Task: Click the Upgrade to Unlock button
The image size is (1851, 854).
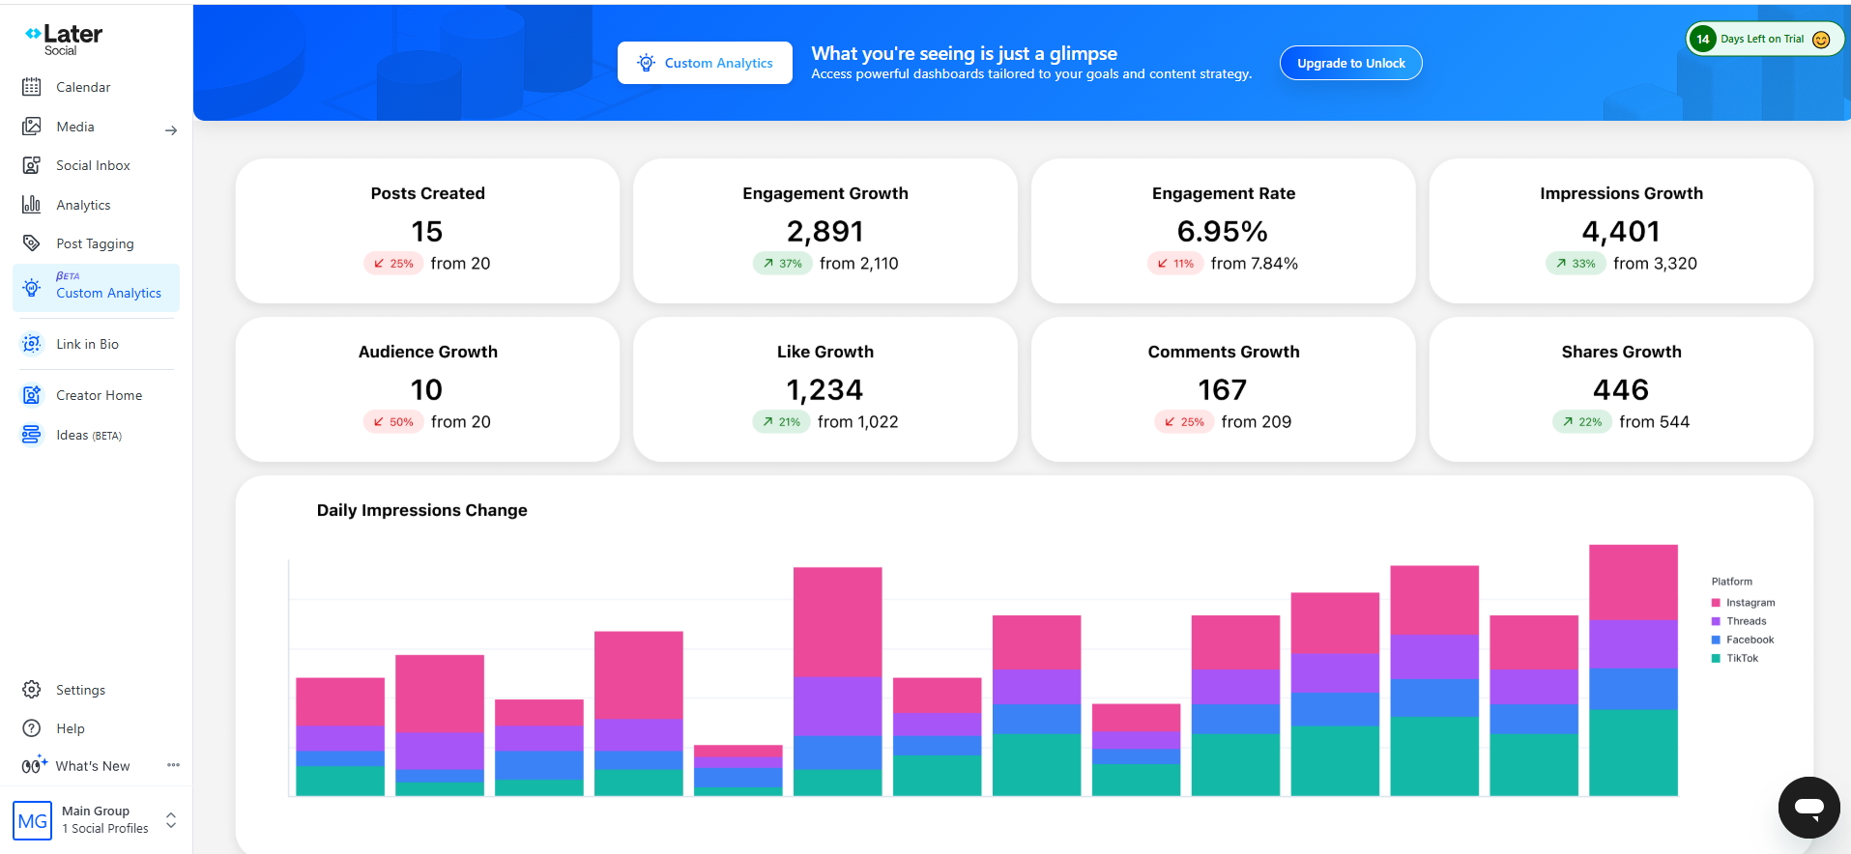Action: (x=1350, y=63)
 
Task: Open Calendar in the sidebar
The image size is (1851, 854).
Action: (x=83, y=87)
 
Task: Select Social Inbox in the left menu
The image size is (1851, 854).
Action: (x=93, y=165)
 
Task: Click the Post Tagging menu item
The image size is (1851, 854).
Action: (x=95, y=243)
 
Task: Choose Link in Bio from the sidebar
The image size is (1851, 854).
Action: (x=87, y=344)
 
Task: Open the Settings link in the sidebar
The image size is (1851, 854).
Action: (x=80, y=690)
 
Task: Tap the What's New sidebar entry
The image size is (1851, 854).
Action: (x=92, y=766)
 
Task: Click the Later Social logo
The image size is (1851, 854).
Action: (x=64, y=39)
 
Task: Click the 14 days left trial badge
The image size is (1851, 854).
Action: (x=1764, y=40)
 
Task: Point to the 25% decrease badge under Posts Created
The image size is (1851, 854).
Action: (x=393, y=263)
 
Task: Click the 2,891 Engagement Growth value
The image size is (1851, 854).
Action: (x=824, y=232)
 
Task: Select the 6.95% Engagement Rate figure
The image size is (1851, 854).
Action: (x=1222, y=232)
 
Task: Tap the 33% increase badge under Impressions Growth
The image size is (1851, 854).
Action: (x=1576, y=263)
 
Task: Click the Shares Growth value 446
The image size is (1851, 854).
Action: (x=1621, y=390)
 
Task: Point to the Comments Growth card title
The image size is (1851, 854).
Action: (x=1224, y=352)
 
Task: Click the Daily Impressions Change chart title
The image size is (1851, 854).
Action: (x=422, y=510)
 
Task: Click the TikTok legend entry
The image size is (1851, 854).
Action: (x=1735, y=658)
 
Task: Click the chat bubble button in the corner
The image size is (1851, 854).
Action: (x=1808, y=808)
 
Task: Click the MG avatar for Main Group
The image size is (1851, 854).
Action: (x=32, y=820)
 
